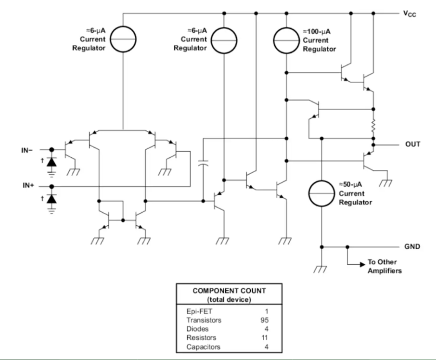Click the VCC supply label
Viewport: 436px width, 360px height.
tap(409, 13)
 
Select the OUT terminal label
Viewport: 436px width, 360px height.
tap(412, 144)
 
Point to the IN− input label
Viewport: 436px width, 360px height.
tap(28, 149)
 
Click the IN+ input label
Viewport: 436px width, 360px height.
tap(28, 186)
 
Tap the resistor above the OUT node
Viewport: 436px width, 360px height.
tap(373, 128)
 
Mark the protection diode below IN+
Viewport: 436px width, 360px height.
tap(51, 198)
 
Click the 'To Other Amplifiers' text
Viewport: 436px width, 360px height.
tap(385, 267)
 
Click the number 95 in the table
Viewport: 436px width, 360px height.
tap(263, 320)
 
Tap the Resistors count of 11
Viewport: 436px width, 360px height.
tap(264, 337)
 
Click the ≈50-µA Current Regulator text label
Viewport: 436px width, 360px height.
tap(355, 193)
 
